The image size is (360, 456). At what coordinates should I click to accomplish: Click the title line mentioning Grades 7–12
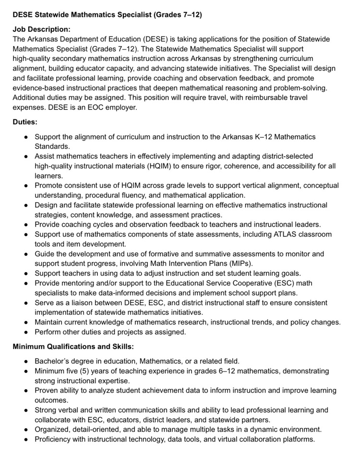[x=108, y=15]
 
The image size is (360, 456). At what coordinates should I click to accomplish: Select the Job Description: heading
[x=41, y=29]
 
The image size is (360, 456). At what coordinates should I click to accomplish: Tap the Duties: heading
[x=25, y=122]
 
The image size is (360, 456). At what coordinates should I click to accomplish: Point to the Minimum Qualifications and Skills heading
[x=73, y=347]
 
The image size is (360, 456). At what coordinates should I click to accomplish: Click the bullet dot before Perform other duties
[x=26, y=332]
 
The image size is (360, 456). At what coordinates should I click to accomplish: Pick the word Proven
[x=47, y=390]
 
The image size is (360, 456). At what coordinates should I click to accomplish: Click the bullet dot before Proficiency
[x=26, y=439]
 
